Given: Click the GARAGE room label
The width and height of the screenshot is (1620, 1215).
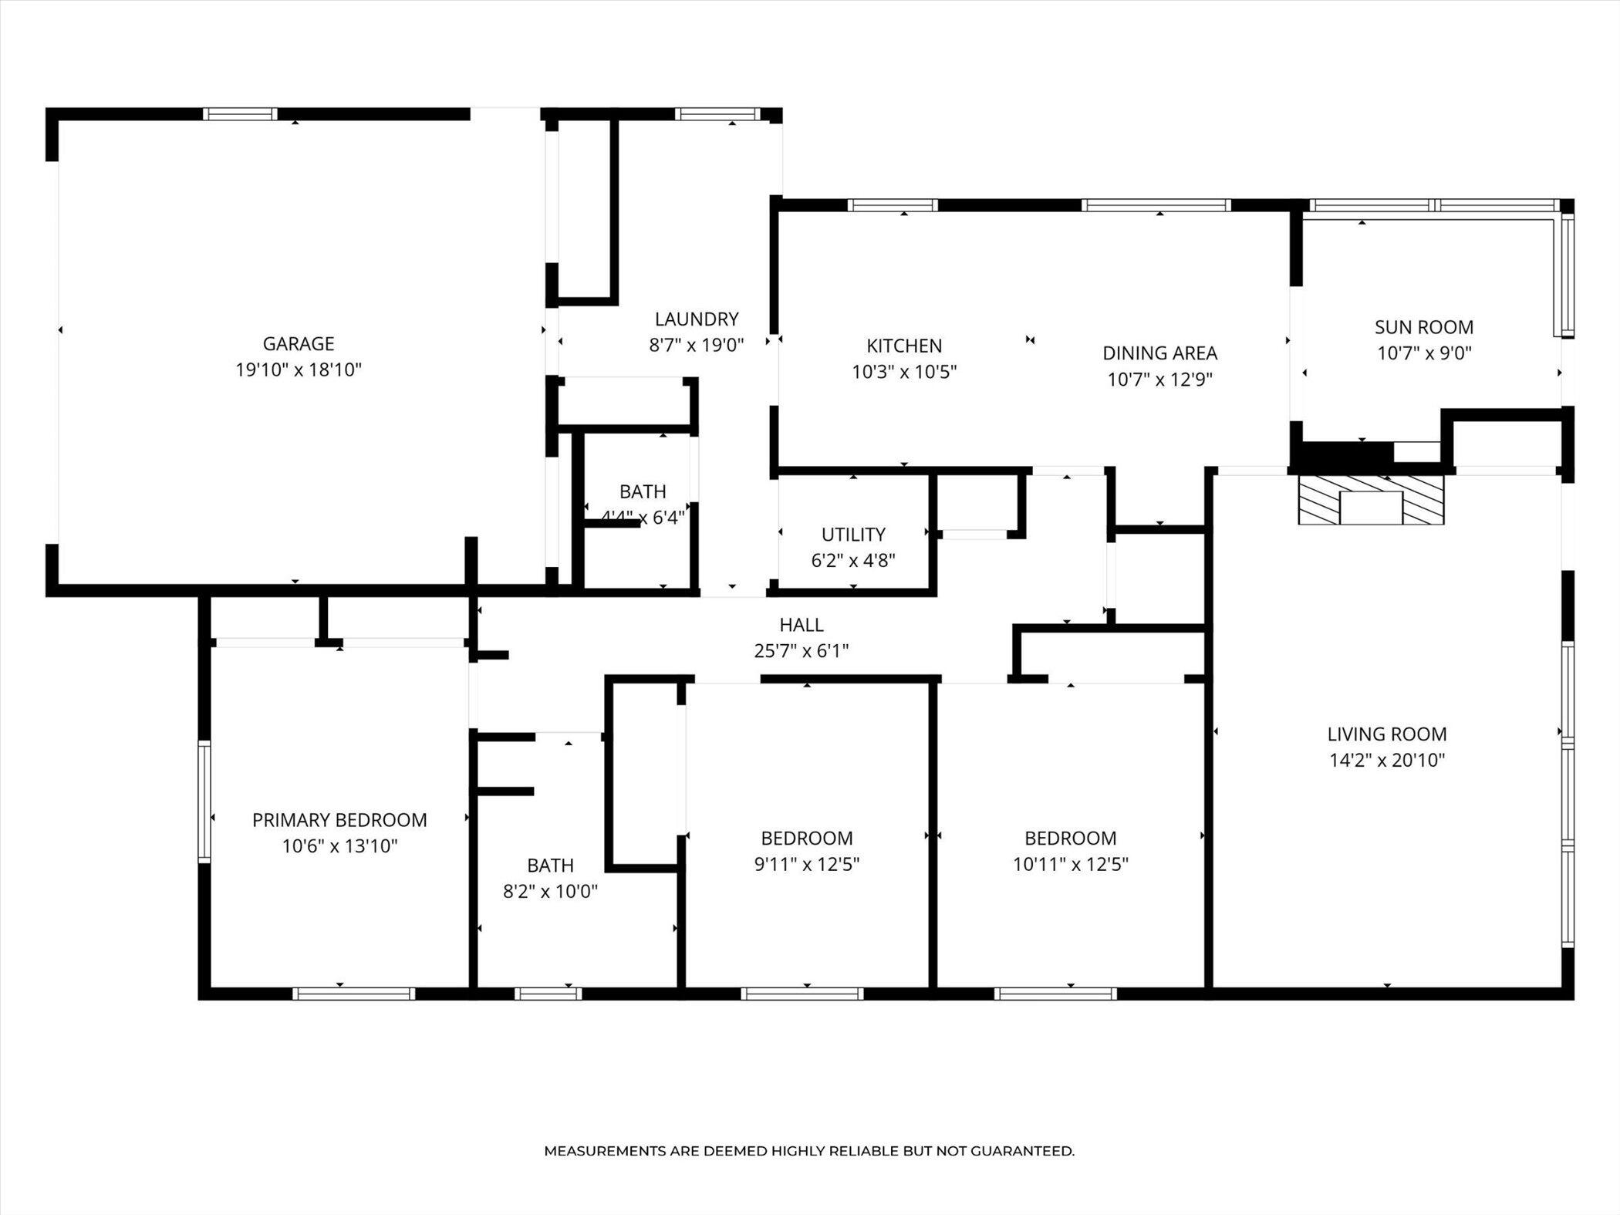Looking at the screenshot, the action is pos(299,344).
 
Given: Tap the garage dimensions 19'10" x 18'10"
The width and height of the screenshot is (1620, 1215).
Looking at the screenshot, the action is pos(299,370).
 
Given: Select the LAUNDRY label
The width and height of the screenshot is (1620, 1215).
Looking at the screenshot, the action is pos(697,319).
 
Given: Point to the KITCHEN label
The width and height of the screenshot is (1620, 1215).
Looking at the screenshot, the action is pos(904,346).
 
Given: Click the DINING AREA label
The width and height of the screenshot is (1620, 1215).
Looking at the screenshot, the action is pos(1160,353).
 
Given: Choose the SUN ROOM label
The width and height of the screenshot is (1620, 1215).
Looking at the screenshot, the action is pos(1424,327).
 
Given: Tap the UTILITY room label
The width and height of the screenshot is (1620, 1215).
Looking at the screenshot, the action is pos(853,535).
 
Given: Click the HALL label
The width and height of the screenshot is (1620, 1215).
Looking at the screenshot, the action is pos(802,625).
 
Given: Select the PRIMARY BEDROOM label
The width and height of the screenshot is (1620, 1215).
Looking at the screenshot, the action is pos(339,820).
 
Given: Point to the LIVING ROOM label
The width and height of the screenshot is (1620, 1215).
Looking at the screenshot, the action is pos(1387,734).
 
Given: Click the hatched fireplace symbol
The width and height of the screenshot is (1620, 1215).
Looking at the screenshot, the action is pos(1371,500).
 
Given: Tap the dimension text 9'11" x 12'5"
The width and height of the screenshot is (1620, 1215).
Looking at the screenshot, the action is pos(807,864).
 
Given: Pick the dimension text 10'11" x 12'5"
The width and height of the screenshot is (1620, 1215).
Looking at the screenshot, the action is pos(1071,864).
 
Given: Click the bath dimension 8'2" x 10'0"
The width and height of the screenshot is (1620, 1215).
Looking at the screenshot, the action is pos(551,892).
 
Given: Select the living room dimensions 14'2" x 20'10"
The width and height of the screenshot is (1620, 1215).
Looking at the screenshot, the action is pos(1387,761).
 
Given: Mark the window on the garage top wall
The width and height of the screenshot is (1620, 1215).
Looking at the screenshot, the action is pos(240,114).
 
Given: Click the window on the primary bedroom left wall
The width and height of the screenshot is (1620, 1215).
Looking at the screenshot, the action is pos(204,802).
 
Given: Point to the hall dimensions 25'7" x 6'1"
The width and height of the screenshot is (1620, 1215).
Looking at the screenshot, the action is pos(802,651).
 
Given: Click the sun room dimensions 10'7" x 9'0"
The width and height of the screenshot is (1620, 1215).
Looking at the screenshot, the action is pos(1424,353).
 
